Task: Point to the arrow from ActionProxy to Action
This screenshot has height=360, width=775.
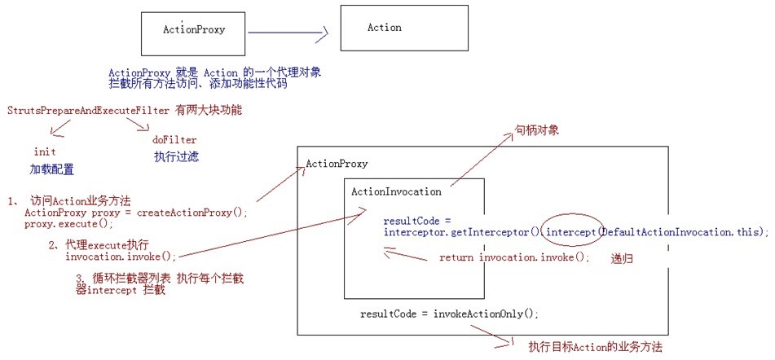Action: [287, 33]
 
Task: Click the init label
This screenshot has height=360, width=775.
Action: [45, 152]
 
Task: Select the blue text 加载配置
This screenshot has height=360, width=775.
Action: [51, 169]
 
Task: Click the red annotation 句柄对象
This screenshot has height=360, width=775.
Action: [536, 130]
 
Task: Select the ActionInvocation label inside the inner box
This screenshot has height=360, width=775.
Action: [395, 192]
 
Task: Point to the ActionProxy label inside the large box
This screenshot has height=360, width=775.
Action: [336, 164]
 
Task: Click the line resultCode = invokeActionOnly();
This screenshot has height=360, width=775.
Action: [449, 313]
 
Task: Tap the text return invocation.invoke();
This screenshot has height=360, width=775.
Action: [513, 257]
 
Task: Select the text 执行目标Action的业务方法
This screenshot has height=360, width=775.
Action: [595, 347]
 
